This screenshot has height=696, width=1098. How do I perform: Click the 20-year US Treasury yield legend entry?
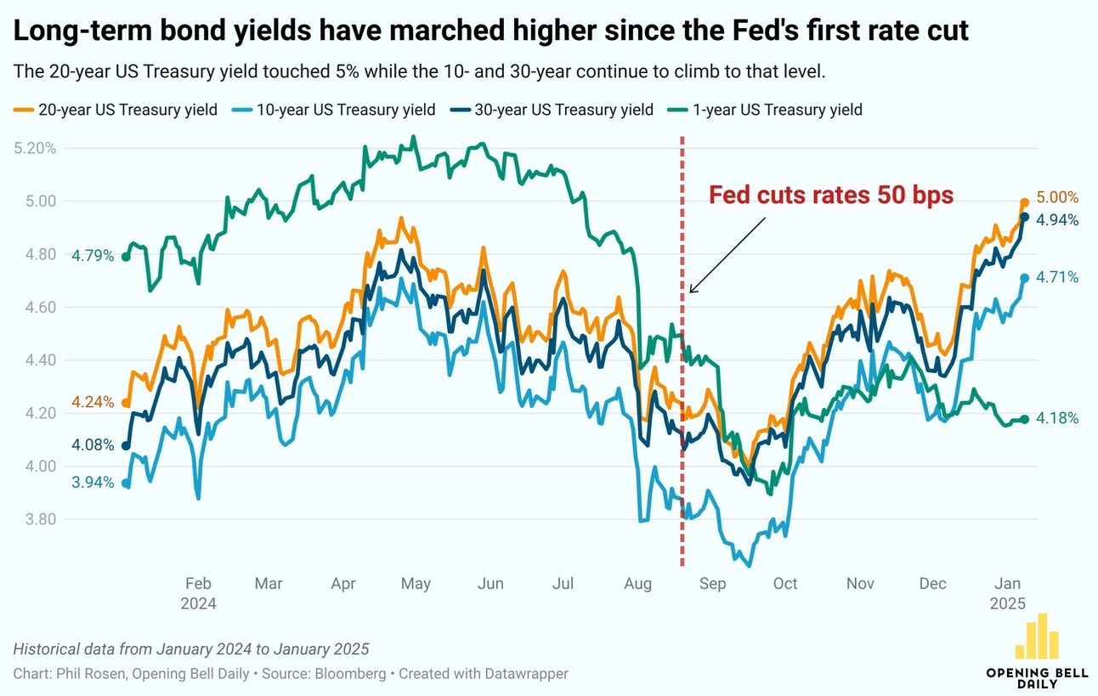point(116,110)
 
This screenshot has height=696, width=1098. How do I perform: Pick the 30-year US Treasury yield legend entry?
point(552,110)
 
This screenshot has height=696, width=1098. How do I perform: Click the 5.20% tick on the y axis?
point(35,148)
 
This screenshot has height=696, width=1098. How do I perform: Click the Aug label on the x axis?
point(637,584)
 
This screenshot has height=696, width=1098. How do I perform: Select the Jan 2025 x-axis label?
point(1008,593)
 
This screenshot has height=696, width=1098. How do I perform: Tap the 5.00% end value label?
point(1057,198)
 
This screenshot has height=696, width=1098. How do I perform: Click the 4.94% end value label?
point(1057,220)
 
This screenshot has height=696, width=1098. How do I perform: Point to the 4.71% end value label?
point(1057,277)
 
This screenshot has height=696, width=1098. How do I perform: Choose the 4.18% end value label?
point(1057,418)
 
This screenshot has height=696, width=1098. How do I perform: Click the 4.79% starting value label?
point(93,256)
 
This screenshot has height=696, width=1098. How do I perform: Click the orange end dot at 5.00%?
point(1024,202)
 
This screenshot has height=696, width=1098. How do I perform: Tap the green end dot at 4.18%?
point(1024,419)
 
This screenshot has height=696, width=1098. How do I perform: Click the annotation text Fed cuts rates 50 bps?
point(831,195)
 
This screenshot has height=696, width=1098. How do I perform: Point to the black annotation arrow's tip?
point(689,293)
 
